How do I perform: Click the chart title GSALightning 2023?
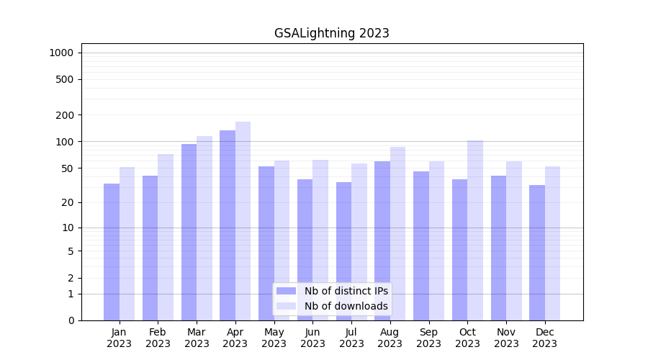331,33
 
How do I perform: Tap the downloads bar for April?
243,220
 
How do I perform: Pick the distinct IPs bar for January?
112,251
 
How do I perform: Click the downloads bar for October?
475,230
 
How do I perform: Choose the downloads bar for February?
166,237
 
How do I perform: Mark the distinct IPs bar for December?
537,252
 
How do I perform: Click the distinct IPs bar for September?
421,246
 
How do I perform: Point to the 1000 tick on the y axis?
61,53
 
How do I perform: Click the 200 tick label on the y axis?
65,115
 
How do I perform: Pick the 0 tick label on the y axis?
71,320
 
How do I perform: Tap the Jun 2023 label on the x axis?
312,338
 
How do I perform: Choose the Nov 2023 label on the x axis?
506,338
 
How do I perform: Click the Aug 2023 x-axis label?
390,338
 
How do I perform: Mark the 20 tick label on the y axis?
68,202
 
